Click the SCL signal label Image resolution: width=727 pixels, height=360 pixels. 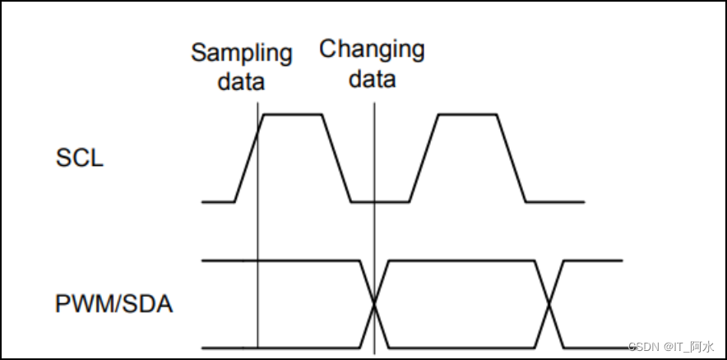click(x=80, y=158)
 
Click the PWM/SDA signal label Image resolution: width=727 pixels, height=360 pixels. click(x=114, y=304)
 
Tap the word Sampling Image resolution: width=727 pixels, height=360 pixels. click(x=242, y=53)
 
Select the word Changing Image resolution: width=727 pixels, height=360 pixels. click(x=372, y=49)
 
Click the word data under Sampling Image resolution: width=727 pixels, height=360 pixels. click(x=241, y=81)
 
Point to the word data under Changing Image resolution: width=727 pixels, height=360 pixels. click(x=372, y=79)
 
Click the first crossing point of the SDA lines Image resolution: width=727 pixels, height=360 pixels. click(x=375, y=305)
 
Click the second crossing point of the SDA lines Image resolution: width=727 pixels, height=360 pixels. click(x=549, y=305)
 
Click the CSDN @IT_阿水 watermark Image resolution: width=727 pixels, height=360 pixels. click(x=669, y=347)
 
